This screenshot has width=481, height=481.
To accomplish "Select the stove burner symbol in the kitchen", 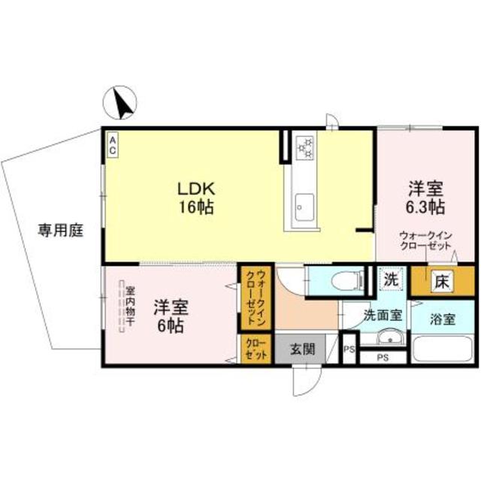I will click(306, 147).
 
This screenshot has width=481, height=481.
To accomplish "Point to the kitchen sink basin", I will click(305, 204).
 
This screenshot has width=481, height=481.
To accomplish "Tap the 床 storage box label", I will click(442, 282).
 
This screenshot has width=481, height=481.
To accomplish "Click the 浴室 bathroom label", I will click(443, 318).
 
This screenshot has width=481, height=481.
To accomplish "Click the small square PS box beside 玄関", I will click(348, 350).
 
